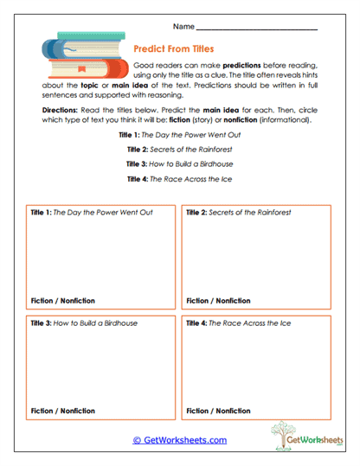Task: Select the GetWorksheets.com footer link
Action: click(179, 440)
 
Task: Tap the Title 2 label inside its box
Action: click(197, 212)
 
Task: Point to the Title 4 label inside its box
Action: click(197, 323)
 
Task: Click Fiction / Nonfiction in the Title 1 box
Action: click(62, 301)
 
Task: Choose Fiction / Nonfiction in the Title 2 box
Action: click(219, 301)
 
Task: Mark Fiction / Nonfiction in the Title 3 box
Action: click(62, 411)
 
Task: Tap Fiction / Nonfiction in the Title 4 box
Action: click(219, 411)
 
